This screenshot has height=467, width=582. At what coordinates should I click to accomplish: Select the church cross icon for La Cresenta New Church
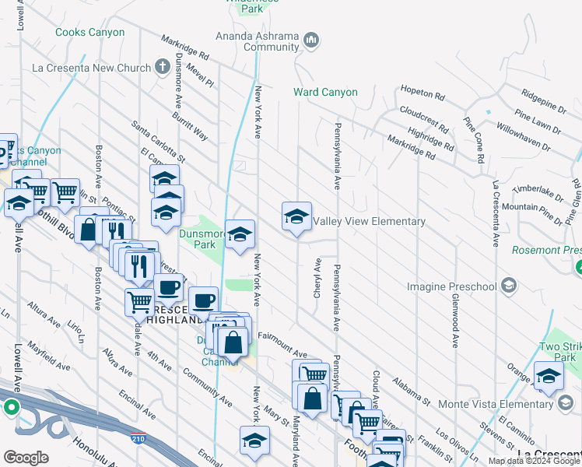point(163,68)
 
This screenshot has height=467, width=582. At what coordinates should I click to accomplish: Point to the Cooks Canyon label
point(90,32)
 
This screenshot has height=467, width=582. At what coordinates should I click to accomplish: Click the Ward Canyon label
point(325,92)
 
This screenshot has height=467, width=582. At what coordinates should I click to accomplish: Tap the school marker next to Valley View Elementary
point(296,218)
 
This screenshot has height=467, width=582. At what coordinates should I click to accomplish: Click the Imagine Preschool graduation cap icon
point(509,286)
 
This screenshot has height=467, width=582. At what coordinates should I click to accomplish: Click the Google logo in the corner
point(26,458)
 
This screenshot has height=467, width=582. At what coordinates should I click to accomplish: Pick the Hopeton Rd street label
point(422,93)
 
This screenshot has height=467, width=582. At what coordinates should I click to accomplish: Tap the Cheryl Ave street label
point(317,276)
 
